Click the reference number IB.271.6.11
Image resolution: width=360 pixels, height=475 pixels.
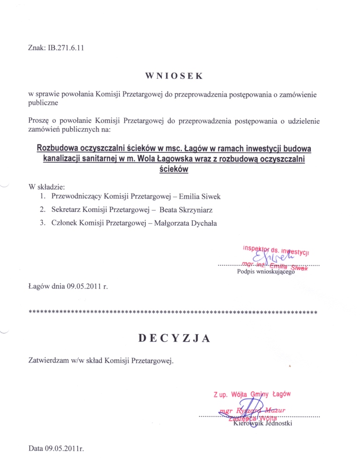[64, 47]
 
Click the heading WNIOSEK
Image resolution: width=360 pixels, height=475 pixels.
[173, 75]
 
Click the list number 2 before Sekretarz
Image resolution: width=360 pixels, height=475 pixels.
[42, 210]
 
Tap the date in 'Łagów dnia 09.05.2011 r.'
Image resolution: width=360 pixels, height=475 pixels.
[84, 285]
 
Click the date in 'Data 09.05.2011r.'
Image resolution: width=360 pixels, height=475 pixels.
[64, 449]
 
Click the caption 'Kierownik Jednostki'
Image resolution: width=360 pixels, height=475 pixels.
[262, 424]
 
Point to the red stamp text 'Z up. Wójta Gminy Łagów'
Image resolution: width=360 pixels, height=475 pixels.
[252, 395]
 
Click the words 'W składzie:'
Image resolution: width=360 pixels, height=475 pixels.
[47, 187]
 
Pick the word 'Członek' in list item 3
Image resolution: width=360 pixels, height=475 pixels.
[65, 223]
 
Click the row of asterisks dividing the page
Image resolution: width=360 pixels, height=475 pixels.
[173, 311]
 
